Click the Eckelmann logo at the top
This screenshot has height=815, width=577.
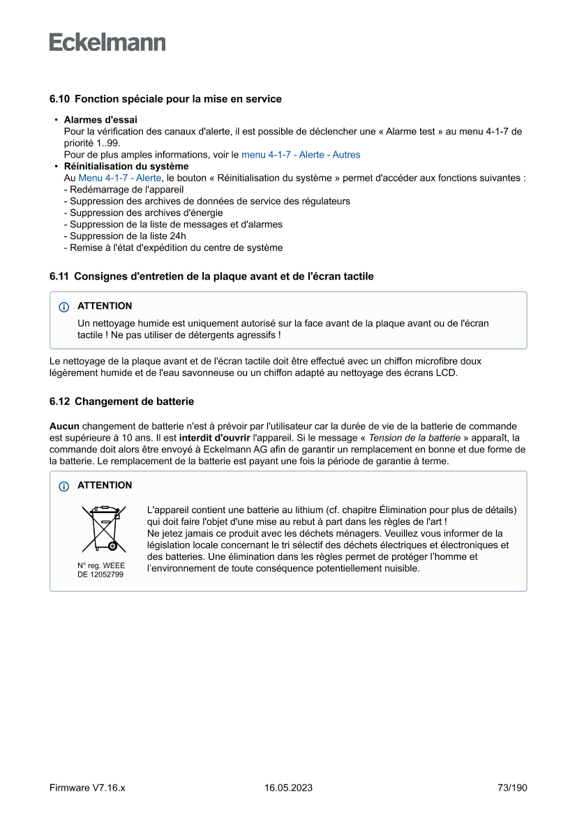tap(107, 43)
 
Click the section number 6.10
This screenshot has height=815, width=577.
tap(59, 99)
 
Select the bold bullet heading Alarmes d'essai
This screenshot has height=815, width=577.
tap(100, 120)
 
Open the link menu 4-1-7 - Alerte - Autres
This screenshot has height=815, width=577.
tap(301, 155)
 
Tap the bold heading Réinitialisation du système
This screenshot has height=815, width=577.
tap(126, 167)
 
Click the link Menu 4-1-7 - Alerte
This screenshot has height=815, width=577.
tap(119, 178)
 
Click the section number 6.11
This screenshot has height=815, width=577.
tap(59, 277)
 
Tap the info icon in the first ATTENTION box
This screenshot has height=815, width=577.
tap(64, 307)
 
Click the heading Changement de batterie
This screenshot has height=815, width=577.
tap(134, 402)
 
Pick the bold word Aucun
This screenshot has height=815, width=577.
tap(64, 426)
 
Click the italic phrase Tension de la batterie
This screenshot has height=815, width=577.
tap(414, 438)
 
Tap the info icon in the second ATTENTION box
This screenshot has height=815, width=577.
tap(64, 486)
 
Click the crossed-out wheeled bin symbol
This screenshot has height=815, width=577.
tap(100, 529)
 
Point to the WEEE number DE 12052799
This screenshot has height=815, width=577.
tap(100, 575)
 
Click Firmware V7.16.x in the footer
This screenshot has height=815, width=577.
tap(87, 788)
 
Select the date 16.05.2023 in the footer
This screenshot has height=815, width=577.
tap(288, 788)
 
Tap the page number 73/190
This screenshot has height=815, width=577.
tap(512, 788)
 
